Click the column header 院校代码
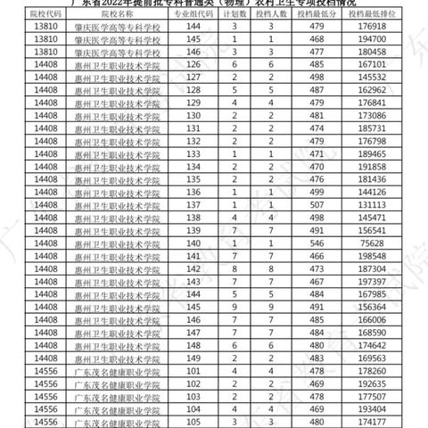click(x=30, y=14)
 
